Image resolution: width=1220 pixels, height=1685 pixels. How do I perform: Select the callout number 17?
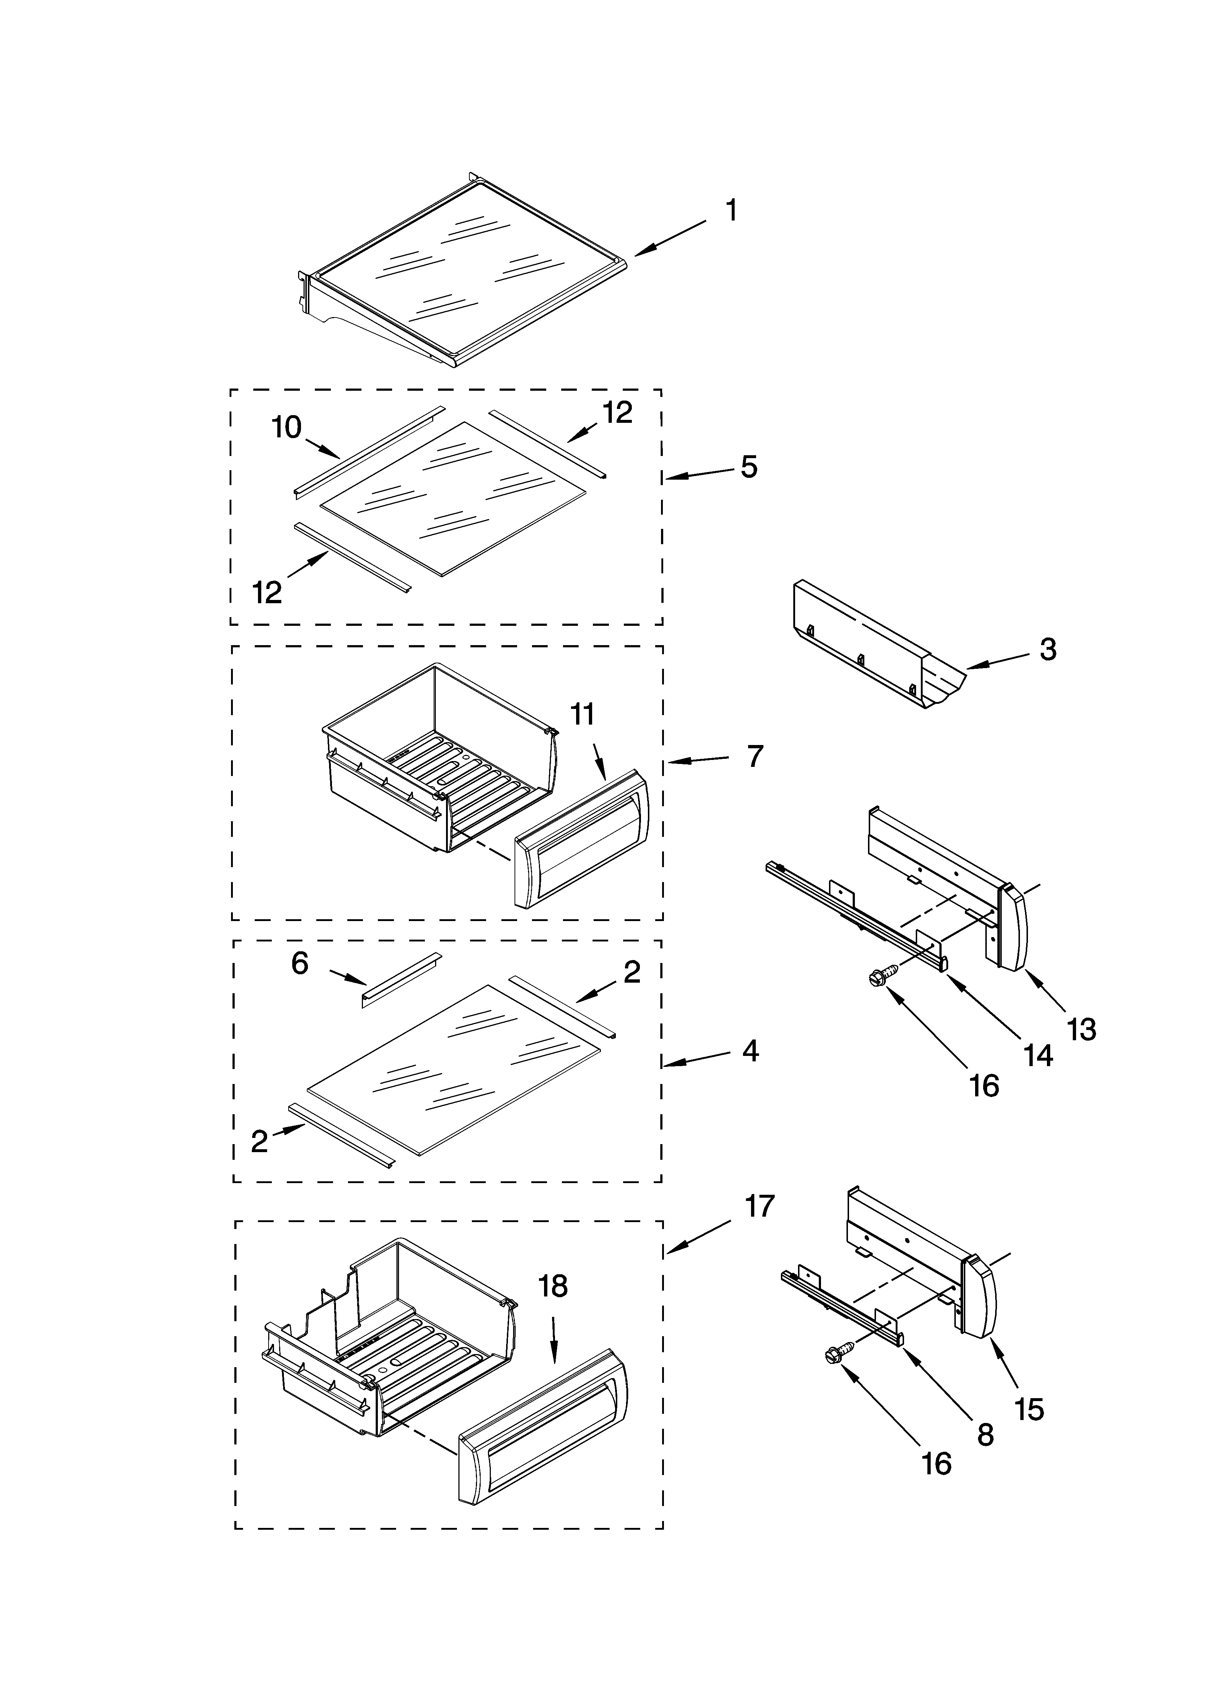[759, 1206]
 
